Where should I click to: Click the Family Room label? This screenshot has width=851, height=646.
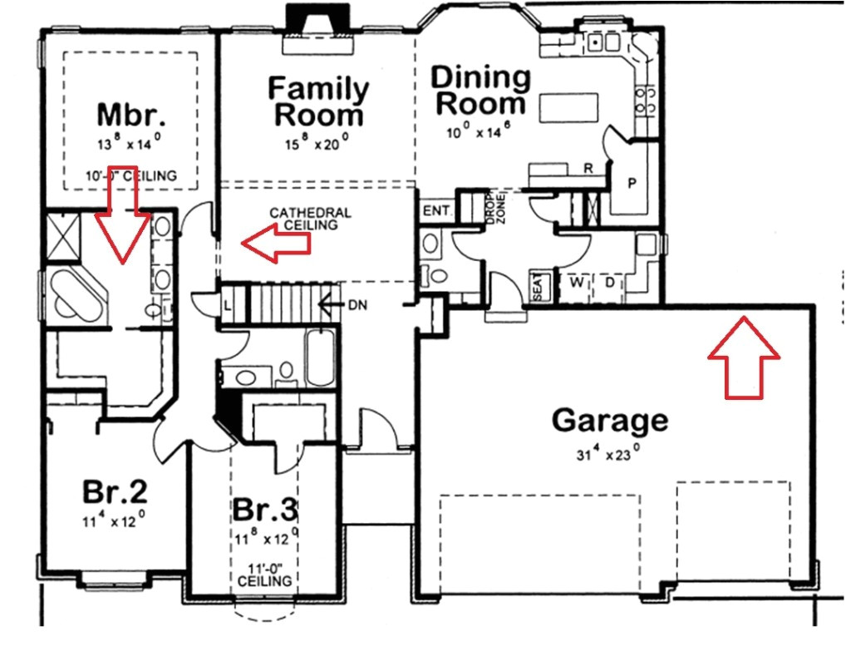[319, 101]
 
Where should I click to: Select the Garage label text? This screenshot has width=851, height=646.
[609, 421]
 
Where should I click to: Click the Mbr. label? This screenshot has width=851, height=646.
[130, 113]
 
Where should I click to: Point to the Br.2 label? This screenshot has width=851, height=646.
[115, 492]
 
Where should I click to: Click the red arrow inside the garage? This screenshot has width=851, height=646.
[744, 358]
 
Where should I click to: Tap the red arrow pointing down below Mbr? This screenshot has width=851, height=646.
[122, 223]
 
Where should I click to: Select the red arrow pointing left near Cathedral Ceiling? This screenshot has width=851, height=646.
[275, 243]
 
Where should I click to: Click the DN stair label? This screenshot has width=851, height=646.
[358, 305]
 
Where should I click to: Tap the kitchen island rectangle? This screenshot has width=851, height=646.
[570, 107]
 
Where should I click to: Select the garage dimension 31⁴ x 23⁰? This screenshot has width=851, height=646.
[609, 455]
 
